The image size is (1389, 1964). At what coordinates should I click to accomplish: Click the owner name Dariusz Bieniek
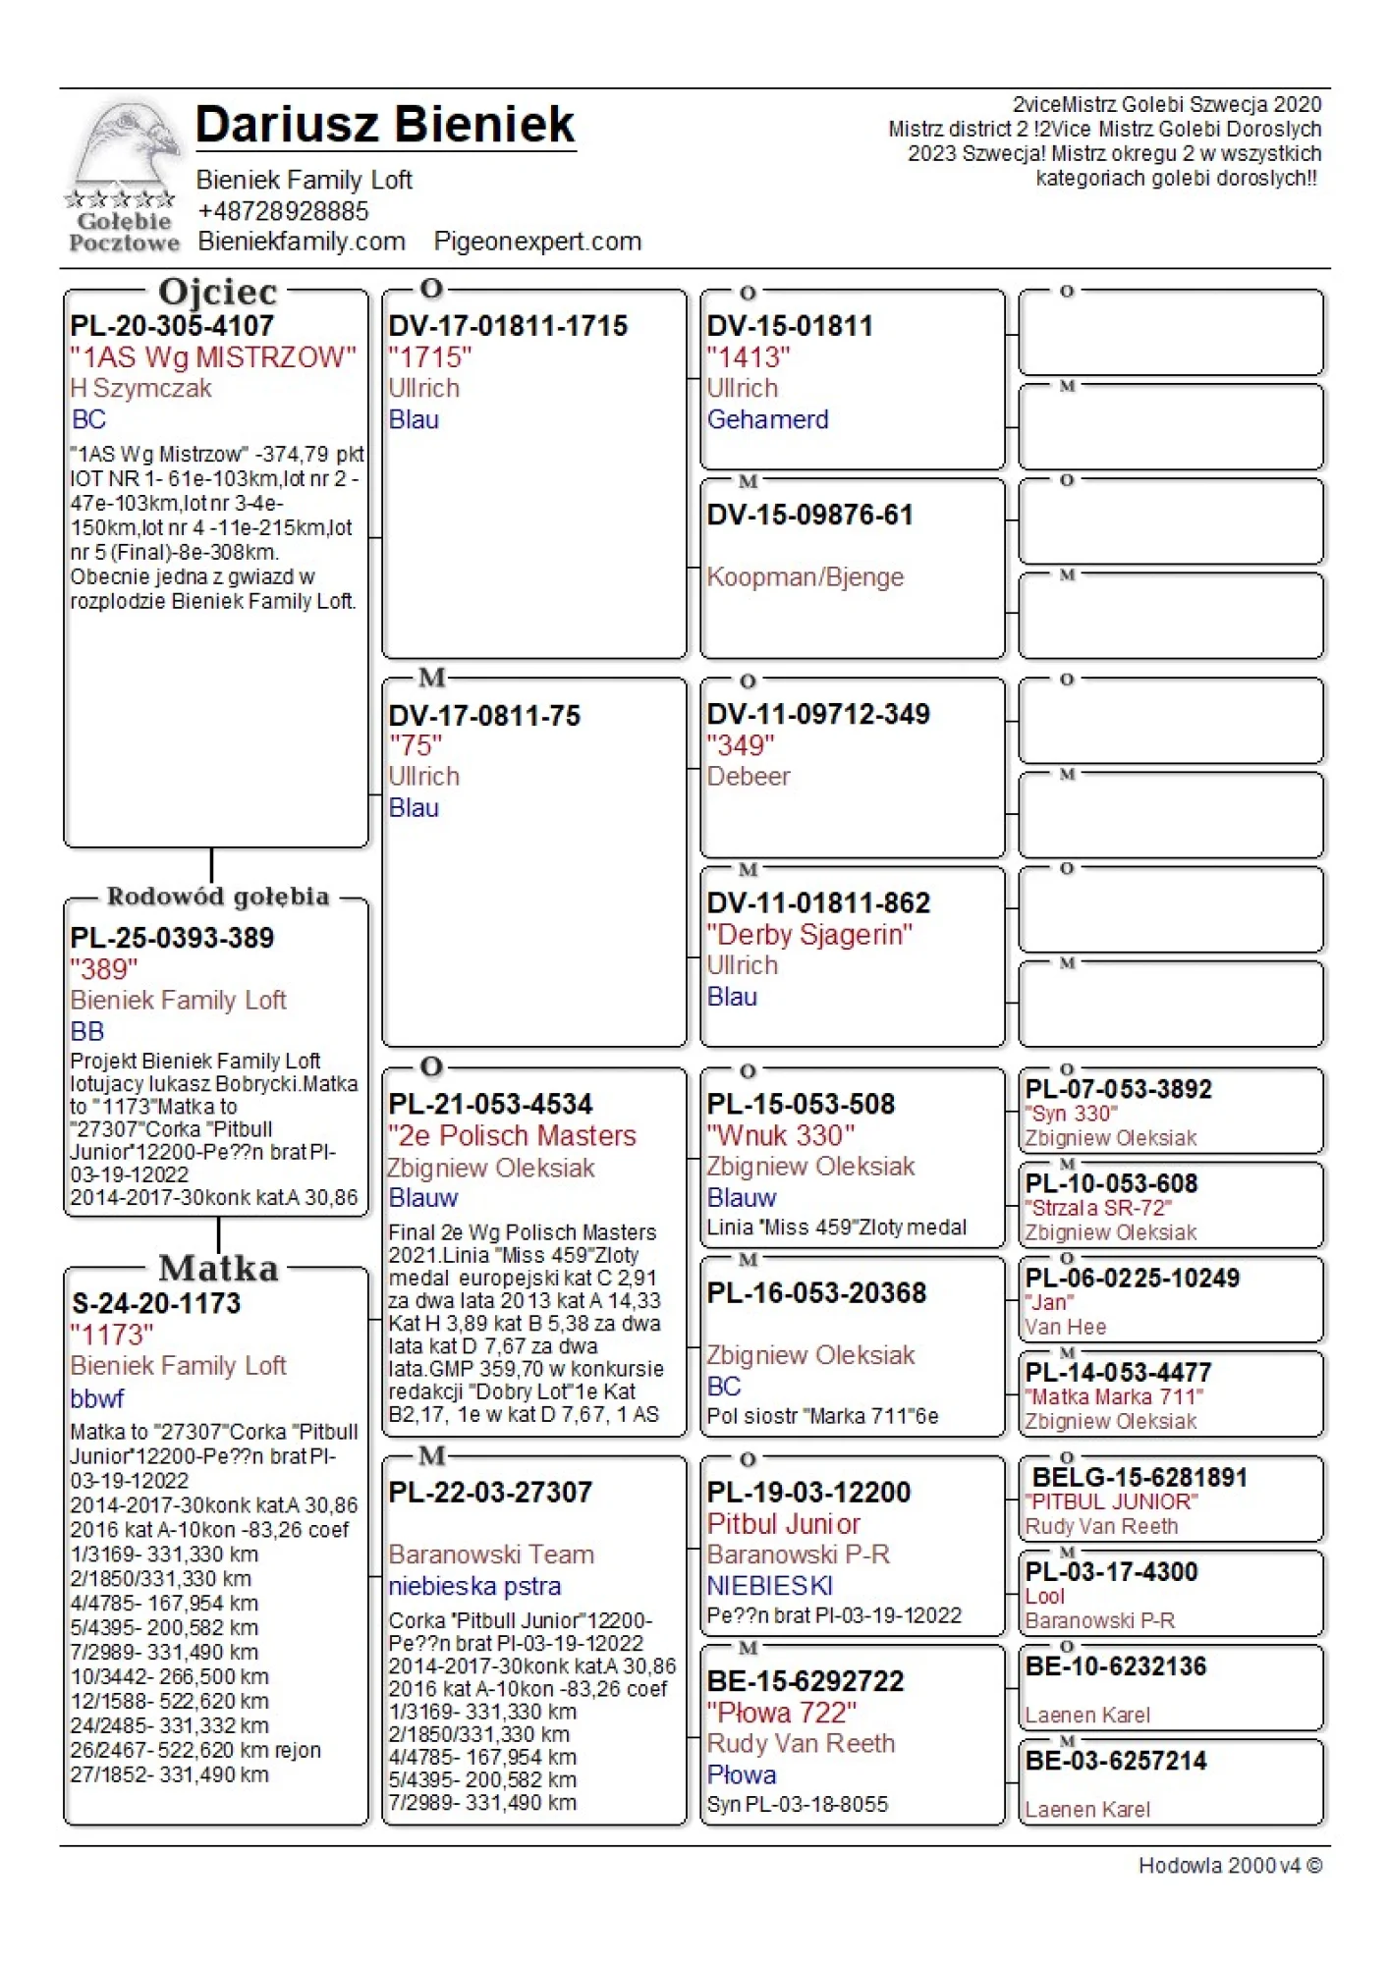point(385,125)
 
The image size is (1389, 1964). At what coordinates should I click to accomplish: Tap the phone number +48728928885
point(283,211)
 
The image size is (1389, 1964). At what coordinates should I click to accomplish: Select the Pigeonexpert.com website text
point(537,242)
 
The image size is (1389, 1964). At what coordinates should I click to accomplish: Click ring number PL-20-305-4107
point(172,326)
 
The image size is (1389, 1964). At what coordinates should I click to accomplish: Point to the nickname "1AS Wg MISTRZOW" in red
point(213,357)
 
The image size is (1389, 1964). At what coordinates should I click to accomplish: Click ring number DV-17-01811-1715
point(508,326)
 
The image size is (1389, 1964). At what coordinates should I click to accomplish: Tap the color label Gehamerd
point(767,419)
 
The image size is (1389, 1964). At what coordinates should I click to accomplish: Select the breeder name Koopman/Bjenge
point(805,576)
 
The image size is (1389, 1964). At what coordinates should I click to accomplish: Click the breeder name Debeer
point(749,776)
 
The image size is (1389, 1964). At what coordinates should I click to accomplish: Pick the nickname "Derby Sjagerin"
point(809,934)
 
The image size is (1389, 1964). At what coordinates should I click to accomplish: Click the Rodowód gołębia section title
point(218,897)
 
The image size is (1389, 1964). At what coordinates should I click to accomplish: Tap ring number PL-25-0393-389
point(172,938)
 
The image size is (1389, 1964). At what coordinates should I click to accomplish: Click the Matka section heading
point(218,1268)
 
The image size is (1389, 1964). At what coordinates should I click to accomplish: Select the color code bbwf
point(97,1397)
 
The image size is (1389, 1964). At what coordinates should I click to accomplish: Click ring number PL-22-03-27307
point(490,1492)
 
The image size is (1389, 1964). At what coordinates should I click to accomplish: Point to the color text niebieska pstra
point(474,1586)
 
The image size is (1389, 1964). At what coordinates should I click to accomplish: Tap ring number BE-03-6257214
point(1116,1761)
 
